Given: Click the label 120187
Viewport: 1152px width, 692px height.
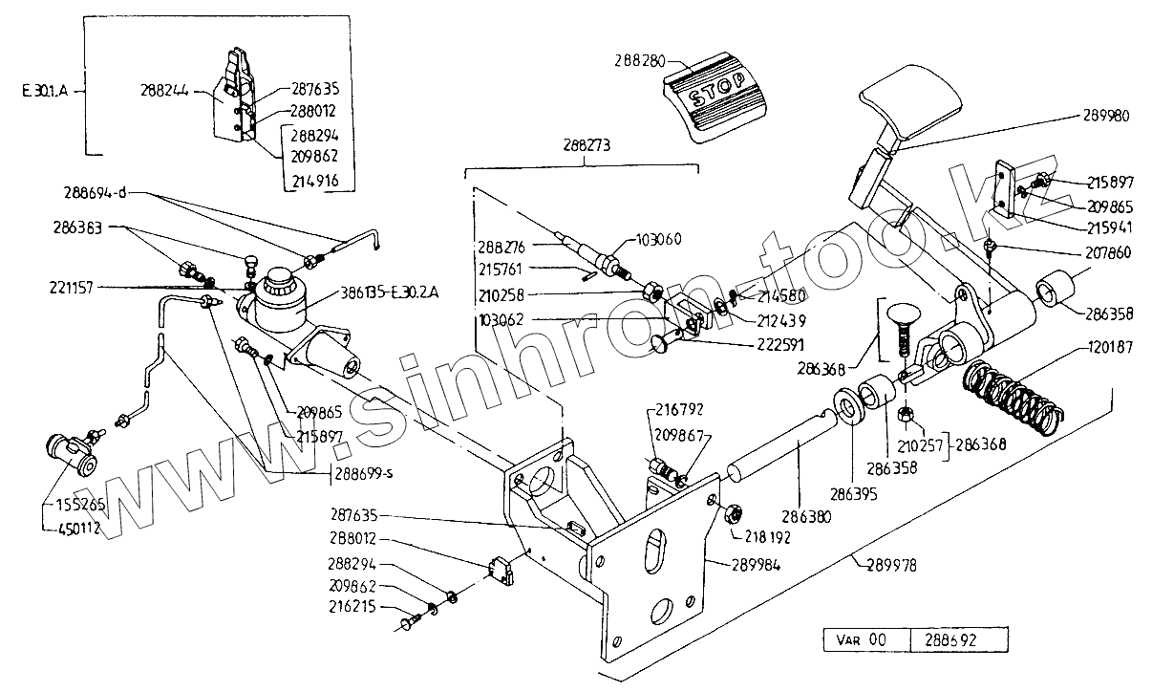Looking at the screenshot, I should pyautogui.click(x=1109, y=348).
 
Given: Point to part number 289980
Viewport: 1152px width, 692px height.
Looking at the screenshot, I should pyautogui.click(x=1107, y=115).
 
